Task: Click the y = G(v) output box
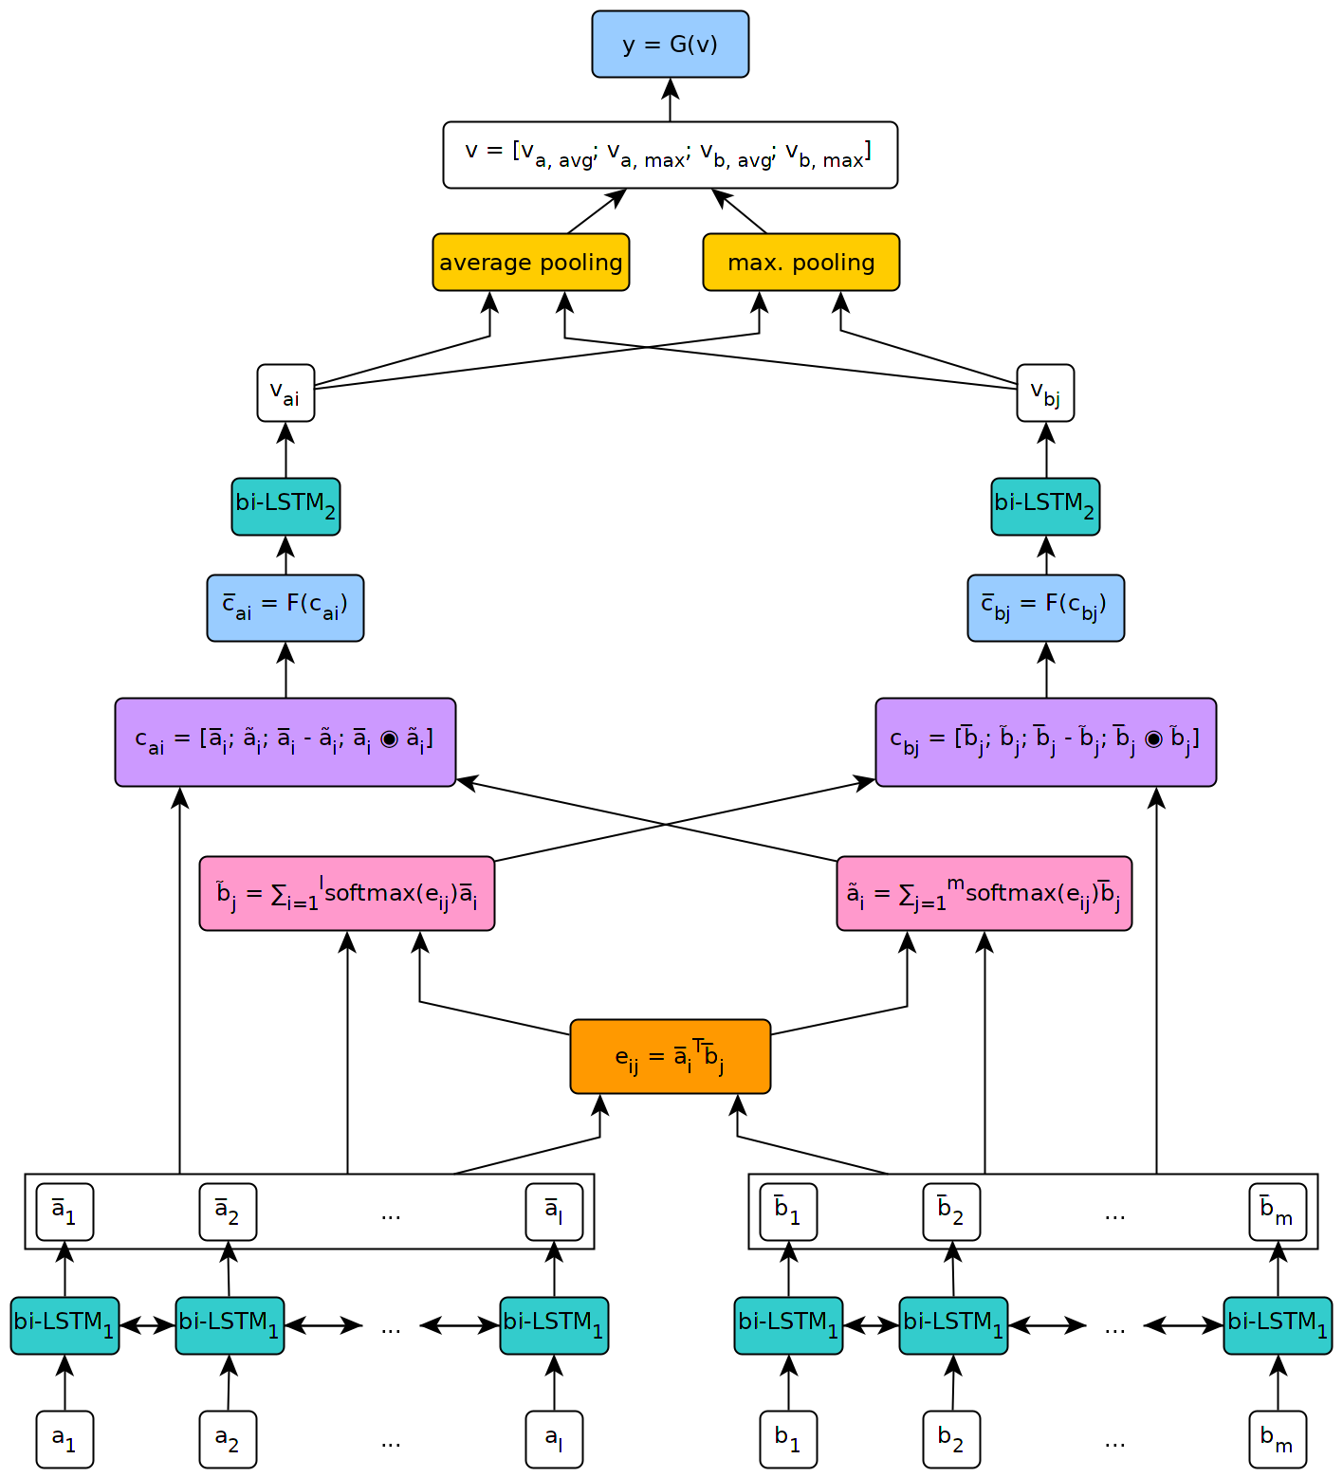coord(670,45)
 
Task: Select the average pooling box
coord(530,263)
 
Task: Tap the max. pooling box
coord(800,263)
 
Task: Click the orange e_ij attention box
coord(670,1056)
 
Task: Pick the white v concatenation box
coord(670,155)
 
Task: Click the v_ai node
coord(285,392)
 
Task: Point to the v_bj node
coord(1045,392)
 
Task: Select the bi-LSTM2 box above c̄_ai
coord(285,506)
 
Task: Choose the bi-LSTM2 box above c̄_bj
coord(1045,506)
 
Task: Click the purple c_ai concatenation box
coord(285,742)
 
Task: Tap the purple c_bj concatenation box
coord(1045,742)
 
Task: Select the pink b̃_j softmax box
coord(346,893)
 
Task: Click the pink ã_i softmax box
coord(984,893)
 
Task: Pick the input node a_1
coord(64,1439)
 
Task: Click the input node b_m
coord(1277,1439)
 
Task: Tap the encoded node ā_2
coord(228,1212)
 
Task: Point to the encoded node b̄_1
coord(788,1212)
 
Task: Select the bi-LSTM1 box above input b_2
coord(953,1325)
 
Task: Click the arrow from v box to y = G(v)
coord(670,100)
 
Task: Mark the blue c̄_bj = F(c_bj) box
coord(1045,608)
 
